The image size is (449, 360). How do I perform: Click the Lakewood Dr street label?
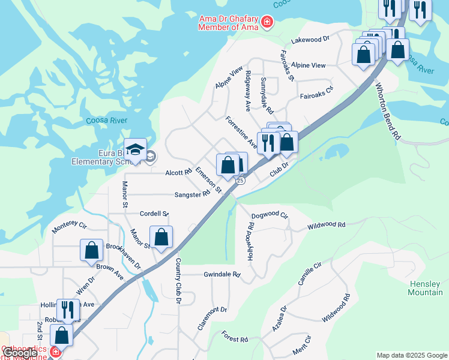(x=310, y=39)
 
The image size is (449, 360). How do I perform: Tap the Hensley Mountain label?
(x=425, y=288)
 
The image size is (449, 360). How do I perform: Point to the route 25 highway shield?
(x=240, y=180)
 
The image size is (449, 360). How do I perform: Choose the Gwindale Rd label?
(x=222, y=274)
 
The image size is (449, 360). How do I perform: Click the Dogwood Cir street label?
(x=270, y=215)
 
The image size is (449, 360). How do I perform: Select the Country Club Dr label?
(x=178, y=281)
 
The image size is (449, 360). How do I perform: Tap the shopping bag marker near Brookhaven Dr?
(x=91, y=250)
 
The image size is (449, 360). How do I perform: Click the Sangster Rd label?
(x=192, y=194)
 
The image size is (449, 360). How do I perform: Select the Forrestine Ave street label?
(x=241, y=132)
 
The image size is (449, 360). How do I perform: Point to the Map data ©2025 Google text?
(x=412, y=355)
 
